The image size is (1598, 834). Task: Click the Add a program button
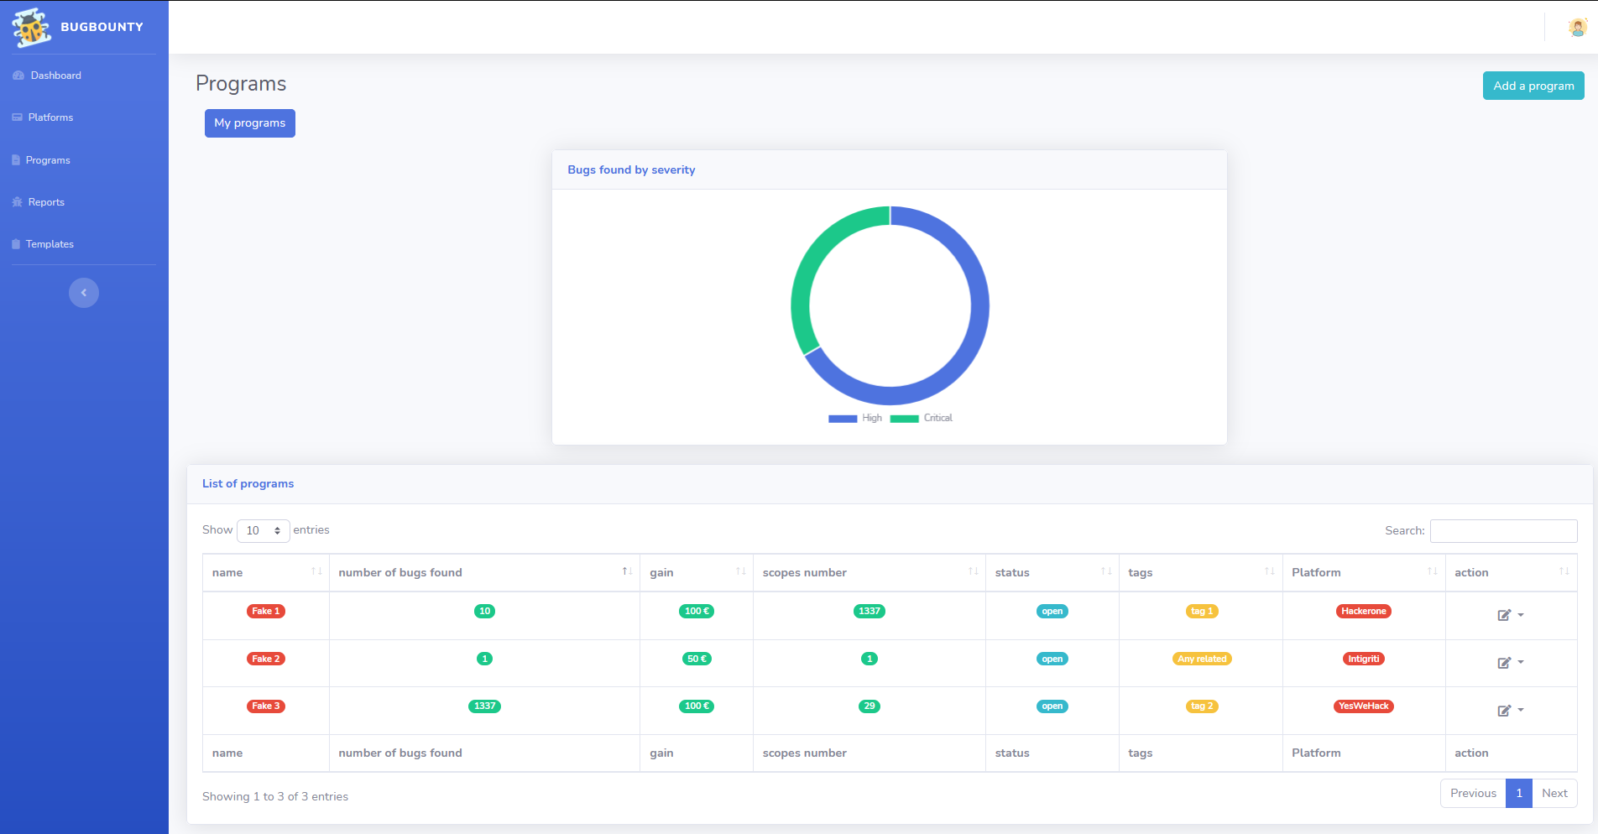click(x=1533, y=86)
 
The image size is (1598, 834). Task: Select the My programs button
click(x=249, y=123)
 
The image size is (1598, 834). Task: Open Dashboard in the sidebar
click(x=55, y=76)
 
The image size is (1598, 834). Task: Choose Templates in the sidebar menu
click(x=50, y=244)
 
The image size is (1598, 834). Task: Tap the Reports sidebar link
click(x=46, y=202)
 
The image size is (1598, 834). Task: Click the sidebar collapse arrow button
click(x=84, y=293)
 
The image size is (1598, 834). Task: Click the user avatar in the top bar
click(x=1577, y=28)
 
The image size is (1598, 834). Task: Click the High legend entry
click(x=855, y=418)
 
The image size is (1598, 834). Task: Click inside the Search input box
click(x=1503, y=531)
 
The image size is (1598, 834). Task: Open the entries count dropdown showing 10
click(x=263, y=531)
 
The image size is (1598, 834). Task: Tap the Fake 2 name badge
click(x=266, y=659)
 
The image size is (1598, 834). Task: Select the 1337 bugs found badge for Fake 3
click(x=484, y=706)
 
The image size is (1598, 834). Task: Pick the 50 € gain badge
click(x=697, y=659)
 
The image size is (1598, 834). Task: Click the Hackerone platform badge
click(x=1363, y=612)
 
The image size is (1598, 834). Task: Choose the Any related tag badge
click(x=1202, y=659)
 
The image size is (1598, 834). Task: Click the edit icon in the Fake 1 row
click(x=1504, y=615)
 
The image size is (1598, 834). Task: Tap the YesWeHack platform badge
click(x=1363, y=706)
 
